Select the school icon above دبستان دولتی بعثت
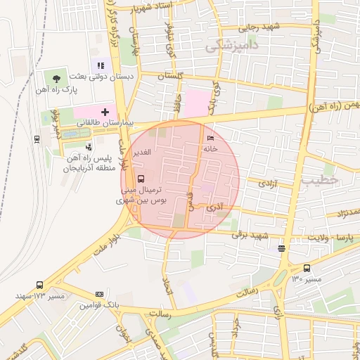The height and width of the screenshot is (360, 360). click(x=101, y=66)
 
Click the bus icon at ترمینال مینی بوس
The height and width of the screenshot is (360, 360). click(x=140, y=179)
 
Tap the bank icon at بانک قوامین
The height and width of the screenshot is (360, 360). click(x=99, y=294)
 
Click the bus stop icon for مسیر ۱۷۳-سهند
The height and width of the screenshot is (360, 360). click(x=39, y=285)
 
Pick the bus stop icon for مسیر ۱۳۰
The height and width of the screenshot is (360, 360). click(x=307, y=268)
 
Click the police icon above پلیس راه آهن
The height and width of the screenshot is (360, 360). click(x=89, y=147)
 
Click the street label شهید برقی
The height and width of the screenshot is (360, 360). click(x=254, y=236)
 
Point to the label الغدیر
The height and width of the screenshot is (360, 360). click(x=141, y=153)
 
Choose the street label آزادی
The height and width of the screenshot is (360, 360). click(x=269, y=183)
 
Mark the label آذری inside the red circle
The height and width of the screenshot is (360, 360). click(x=214, y=207)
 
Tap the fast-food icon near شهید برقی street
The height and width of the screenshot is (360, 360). click(x=281, y=247)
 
